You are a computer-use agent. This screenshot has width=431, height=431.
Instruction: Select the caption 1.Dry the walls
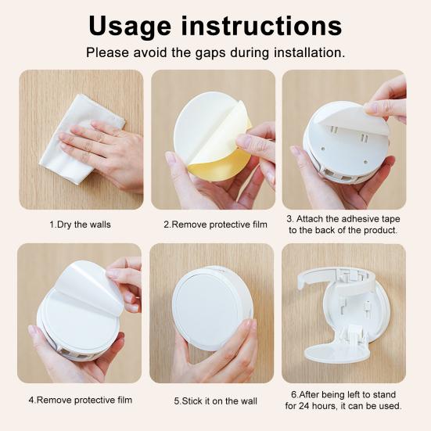tap(80, 224)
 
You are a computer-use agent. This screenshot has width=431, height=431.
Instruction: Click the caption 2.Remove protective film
tap(215, 224)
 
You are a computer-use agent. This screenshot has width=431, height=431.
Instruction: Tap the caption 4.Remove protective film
tap(80, 399)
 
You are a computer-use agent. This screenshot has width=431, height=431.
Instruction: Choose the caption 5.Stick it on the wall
tap(215, 401)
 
